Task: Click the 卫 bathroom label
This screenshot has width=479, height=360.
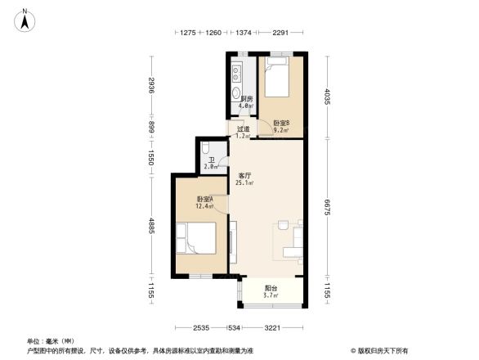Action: point(211,161)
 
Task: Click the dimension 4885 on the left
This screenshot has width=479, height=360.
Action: point(152,226)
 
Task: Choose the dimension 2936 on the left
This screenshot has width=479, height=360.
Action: point(152,85)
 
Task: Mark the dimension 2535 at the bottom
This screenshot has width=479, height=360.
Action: point(202,329)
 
